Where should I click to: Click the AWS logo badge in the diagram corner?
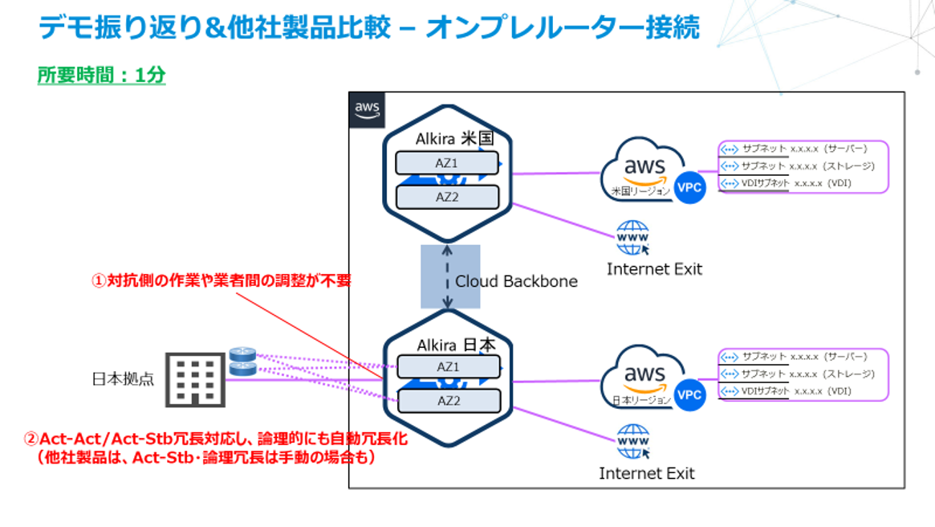(x=368, y=110)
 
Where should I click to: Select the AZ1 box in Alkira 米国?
(x=447, y=163)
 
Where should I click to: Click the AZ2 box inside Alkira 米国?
(x=447, y=197)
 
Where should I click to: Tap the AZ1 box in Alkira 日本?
(x=447, y=367)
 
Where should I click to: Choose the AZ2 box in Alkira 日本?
(x=447, y=400)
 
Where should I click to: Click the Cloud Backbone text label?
(x=516, y=281)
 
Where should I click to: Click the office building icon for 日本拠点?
(x=194, y=380)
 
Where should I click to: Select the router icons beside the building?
(x=242, y=362)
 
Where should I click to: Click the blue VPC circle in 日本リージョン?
(x=689, y=395)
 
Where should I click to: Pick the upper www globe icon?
(x=632, y=238)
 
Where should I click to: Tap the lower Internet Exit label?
(x=646, y=473)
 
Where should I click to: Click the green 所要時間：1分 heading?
(x=101, y=76)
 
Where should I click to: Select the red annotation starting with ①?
(x=220, y=281)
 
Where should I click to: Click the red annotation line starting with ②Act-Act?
(x=216, y=439)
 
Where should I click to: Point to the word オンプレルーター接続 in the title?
(x=563, y=27)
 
